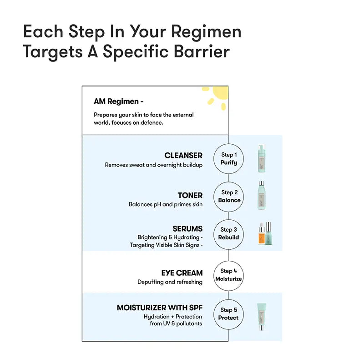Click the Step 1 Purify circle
tap(228, 158)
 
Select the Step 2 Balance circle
tap(228, 196)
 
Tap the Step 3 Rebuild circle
tap(228, 233)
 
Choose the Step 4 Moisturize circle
tap(228, 275)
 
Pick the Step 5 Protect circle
tap(228, 313)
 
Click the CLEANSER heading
tap(183, 156)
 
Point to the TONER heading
tap(190, 195)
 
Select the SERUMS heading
tap(187, 228)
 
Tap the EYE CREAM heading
tap(182, 273)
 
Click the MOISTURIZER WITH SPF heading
tap(160, 308)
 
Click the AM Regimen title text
tap(119, 101)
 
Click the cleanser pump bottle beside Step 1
tap(261, 159)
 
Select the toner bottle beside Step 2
tap(261, 195)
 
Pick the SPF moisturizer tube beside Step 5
tap(261, 316)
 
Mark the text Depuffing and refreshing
tap(170, 282)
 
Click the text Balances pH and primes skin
tap(166, 205)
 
